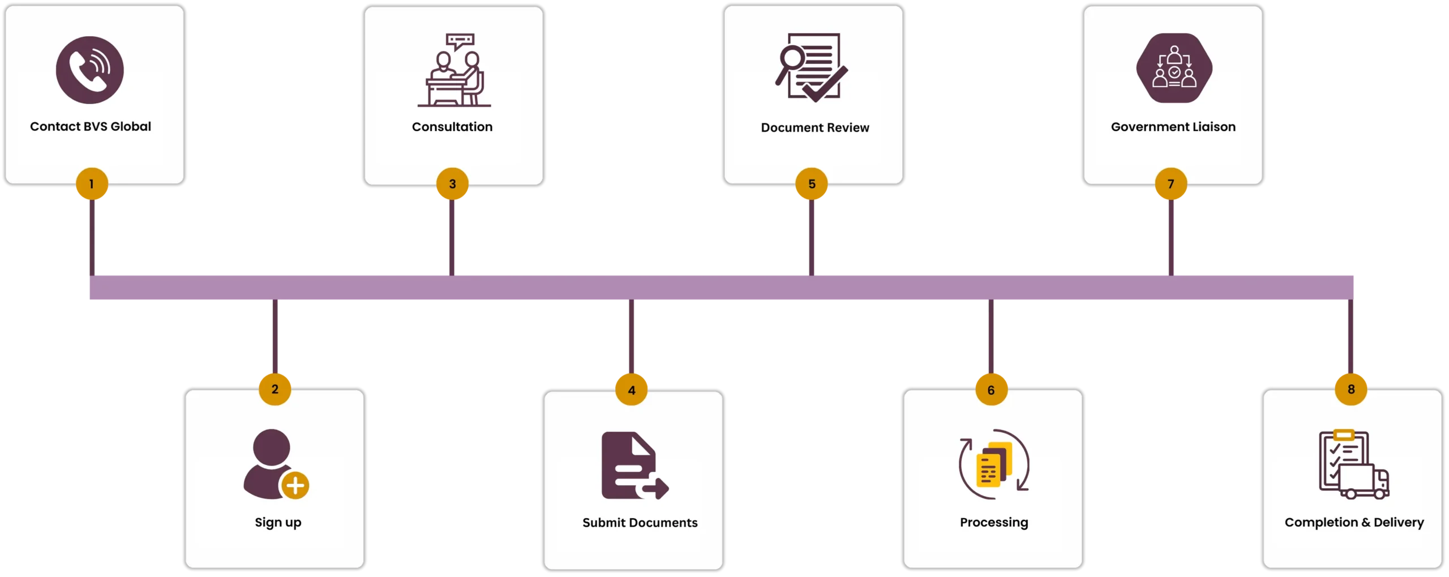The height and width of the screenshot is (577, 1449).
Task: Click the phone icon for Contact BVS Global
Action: (x=89, y=70)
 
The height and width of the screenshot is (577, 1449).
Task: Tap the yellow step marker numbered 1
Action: (x=92, y=184)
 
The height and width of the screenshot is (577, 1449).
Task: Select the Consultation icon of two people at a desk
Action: (x=454, y=71)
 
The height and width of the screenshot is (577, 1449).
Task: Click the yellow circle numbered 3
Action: (x=452, y=184)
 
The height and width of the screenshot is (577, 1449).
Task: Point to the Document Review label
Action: (x=814, y=128)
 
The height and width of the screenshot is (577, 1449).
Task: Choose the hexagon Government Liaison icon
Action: (x=1174, y=68)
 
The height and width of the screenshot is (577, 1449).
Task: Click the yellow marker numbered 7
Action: (x=1171, y=184)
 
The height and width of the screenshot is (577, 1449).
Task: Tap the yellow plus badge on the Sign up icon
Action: (x=295, y=485)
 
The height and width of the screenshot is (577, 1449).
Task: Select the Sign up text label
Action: (x=278, y=523)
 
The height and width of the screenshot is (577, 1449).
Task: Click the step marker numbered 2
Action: (x=275, y=389)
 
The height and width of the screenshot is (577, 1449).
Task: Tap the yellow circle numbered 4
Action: (x=632, y=390)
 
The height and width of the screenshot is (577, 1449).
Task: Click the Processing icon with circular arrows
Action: (x=994, y=465)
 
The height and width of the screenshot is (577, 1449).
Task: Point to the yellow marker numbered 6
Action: (x=991, y=390)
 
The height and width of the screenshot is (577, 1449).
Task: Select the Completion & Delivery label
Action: (x=1354, y=523)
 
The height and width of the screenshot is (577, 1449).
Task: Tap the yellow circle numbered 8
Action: (x=1351, y=389)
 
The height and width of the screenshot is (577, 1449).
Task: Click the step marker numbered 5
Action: (x=812, y=184)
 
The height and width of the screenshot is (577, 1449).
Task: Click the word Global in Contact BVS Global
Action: (x=131, y=127)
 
